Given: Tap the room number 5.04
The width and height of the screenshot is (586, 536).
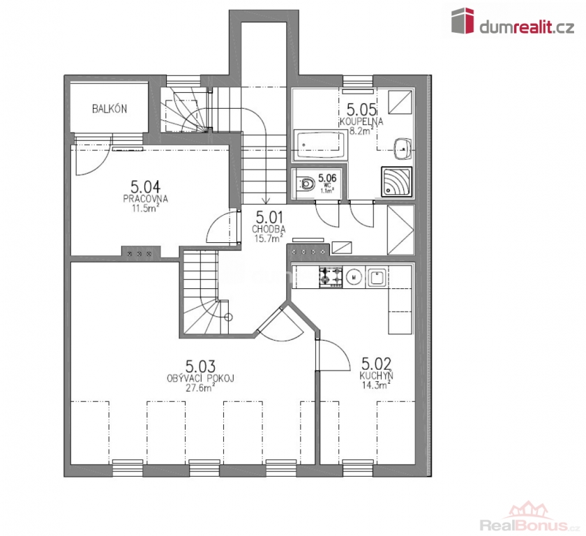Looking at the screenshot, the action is (145, 186).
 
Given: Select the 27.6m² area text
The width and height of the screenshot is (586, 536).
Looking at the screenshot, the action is (200, 387).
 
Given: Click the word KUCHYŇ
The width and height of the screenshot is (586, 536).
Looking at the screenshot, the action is (376, 375).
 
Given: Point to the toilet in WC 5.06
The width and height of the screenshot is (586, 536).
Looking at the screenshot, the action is (306, 184).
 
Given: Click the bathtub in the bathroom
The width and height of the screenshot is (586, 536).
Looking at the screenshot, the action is (321, 144).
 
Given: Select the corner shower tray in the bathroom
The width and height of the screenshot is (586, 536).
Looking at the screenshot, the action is (396, 181).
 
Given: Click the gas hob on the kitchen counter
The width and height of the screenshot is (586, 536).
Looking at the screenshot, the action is (331, 277).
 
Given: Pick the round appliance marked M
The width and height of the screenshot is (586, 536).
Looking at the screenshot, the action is (354, 277).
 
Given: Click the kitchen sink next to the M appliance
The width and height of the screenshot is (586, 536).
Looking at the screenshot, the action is (377, 277).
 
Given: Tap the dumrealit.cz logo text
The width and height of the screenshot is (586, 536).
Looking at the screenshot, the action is (527, 27).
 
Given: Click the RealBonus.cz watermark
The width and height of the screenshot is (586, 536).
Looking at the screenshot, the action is (529, 525).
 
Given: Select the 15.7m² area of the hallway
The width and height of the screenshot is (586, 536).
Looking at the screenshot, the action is (269, 238).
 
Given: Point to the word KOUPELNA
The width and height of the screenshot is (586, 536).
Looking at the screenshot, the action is (361, 121).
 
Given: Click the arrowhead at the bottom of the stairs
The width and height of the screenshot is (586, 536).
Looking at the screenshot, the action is (265, 201).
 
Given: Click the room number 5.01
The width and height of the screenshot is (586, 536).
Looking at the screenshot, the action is (269, 218).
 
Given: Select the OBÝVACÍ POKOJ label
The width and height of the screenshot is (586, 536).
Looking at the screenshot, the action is (200, 378).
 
